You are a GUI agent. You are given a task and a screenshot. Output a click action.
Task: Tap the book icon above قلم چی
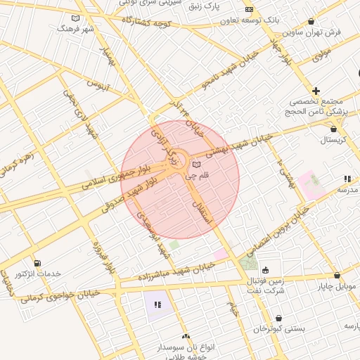click(195, 165)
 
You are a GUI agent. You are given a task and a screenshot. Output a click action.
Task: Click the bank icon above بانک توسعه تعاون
click(249, 10)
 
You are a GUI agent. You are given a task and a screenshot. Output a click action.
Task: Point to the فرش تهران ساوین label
click(312, 32)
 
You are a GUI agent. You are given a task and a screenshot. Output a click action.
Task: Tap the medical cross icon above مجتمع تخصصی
click(316, 91)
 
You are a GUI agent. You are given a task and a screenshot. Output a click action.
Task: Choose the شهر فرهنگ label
click(75, 29)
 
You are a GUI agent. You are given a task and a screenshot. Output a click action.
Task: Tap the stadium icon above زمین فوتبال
click(265, 270)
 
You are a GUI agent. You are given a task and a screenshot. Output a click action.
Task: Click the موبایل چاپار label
click(338, 286)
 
